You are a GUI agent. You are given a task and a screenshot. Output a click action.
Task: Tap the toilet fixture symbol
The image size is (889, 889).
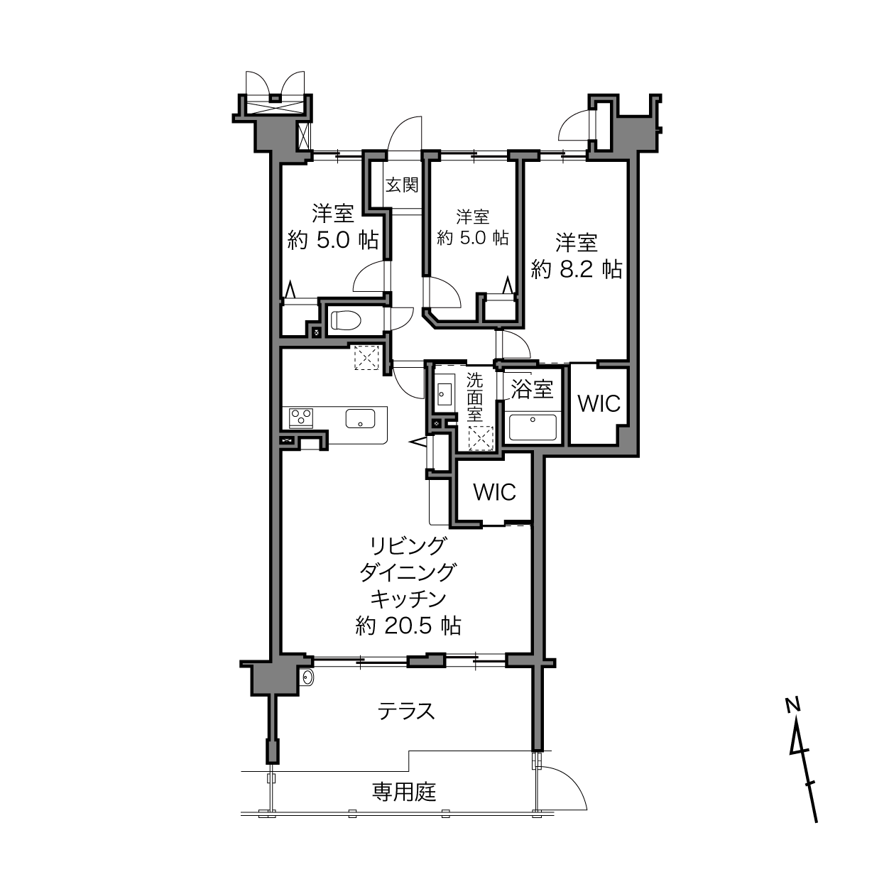(344, 320)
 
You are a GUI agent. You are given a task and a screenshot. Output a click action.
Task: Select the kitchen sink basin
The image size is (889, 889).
(360, 418)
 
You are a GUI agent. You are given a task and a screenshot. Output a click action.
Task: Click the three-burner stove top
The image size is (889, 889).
(301, 418)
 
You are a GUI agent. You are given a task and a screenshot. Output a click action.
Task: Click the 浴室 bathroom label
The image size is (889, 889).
(533, 390)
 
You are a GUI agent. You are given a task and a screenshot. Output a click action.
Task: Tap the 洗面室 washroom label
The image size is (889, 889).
(474, 397)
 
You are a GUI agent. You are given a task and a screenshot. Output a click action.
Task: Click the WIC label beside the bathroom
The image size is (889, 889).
(599, 404)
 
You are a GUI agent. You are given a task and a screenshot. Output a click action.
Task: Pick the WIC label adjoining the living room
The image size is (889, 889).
(494, 492)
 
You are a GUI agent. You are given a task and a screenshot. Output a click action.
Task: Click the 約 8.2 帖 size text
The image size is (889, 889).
(576, 269)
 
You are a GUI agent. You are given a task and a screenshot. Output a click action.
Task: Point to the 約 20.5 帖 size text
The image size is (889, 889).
(408, 626)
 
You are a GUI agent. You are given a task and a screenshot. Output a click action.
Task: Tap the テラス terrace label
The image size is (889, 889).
(406, 711)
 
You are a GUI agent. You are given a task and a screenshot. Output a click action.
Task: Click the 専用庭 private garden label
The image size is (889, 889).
(404, 792)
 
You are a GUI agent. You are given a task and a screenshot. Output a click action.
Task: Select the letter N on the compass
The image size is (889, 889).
(792, 705)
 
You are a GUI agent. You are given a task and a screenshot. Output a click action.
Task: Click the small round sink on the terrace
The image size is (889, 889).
(307, 677)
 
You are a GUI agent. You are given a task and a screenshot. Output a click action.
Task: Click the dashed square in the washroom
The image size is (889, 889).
(481, 438)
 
